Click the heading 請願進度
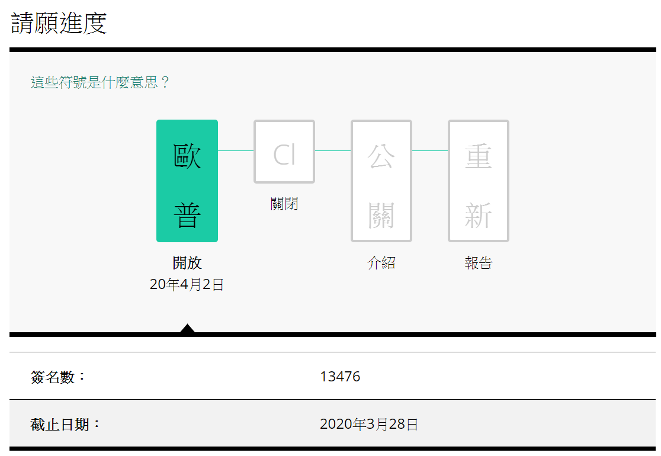pyautogui.click(x=59, y=23)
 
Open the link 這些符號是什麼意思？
pyautogui.click(x=100, y=82)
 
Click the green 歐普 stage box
pyautogui.click(x=187, y=181)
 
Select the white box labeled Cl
pyautogui.click(x=284, y=152)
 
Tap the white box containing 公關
pyautogui.click(x=381, y=181)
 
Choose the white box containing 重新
pyautogui.click(x=479, y=181)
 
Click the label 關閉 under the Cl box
pyautogui.click(x=284, y=204)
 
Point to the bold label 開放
pyautogui.click(x=187, y=263)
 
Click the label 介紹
pyautogui.click(x=381, y=263)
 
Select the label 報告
pyautogui.click(x=479, y=263)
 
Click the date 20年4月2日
pyautogui.click(x=187, y=284)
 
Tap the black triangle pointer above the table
pyautogui.click(x=187, y=328)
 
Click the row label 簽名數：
pyautogui.click(x=58, y=377)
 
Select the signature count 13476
pyautogui.click(x=340, y=376)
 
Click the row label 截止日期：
pyautogui.click(x=65, y=425)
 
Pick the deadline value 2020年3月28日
pyautogui.click(x=369, y=424)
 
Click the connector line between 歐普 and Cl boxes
pyautogui.click(x=236, y=150)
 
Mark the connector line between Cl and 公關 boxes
pyautogui.click(x=333, y=150)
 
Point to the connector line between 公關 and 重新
pyautogui.click(x=430, y=150)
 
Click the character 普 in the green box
pyautogui.click(x=187, y=216)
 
